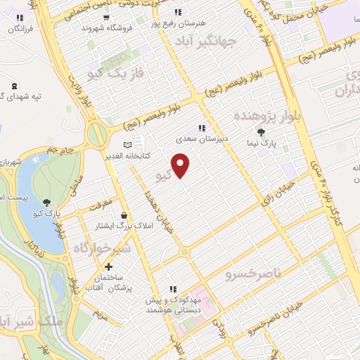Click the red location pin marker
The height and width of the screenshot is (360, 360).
coord(181,165)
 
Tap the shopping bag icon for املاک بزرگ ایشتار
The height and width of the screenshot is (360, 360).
coord(124,215)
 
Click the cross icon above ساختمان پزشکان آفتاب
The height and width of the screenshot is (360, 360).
coord(108,267)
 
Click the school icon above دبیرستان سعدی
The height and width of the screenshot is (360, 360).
coord(202,128)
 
